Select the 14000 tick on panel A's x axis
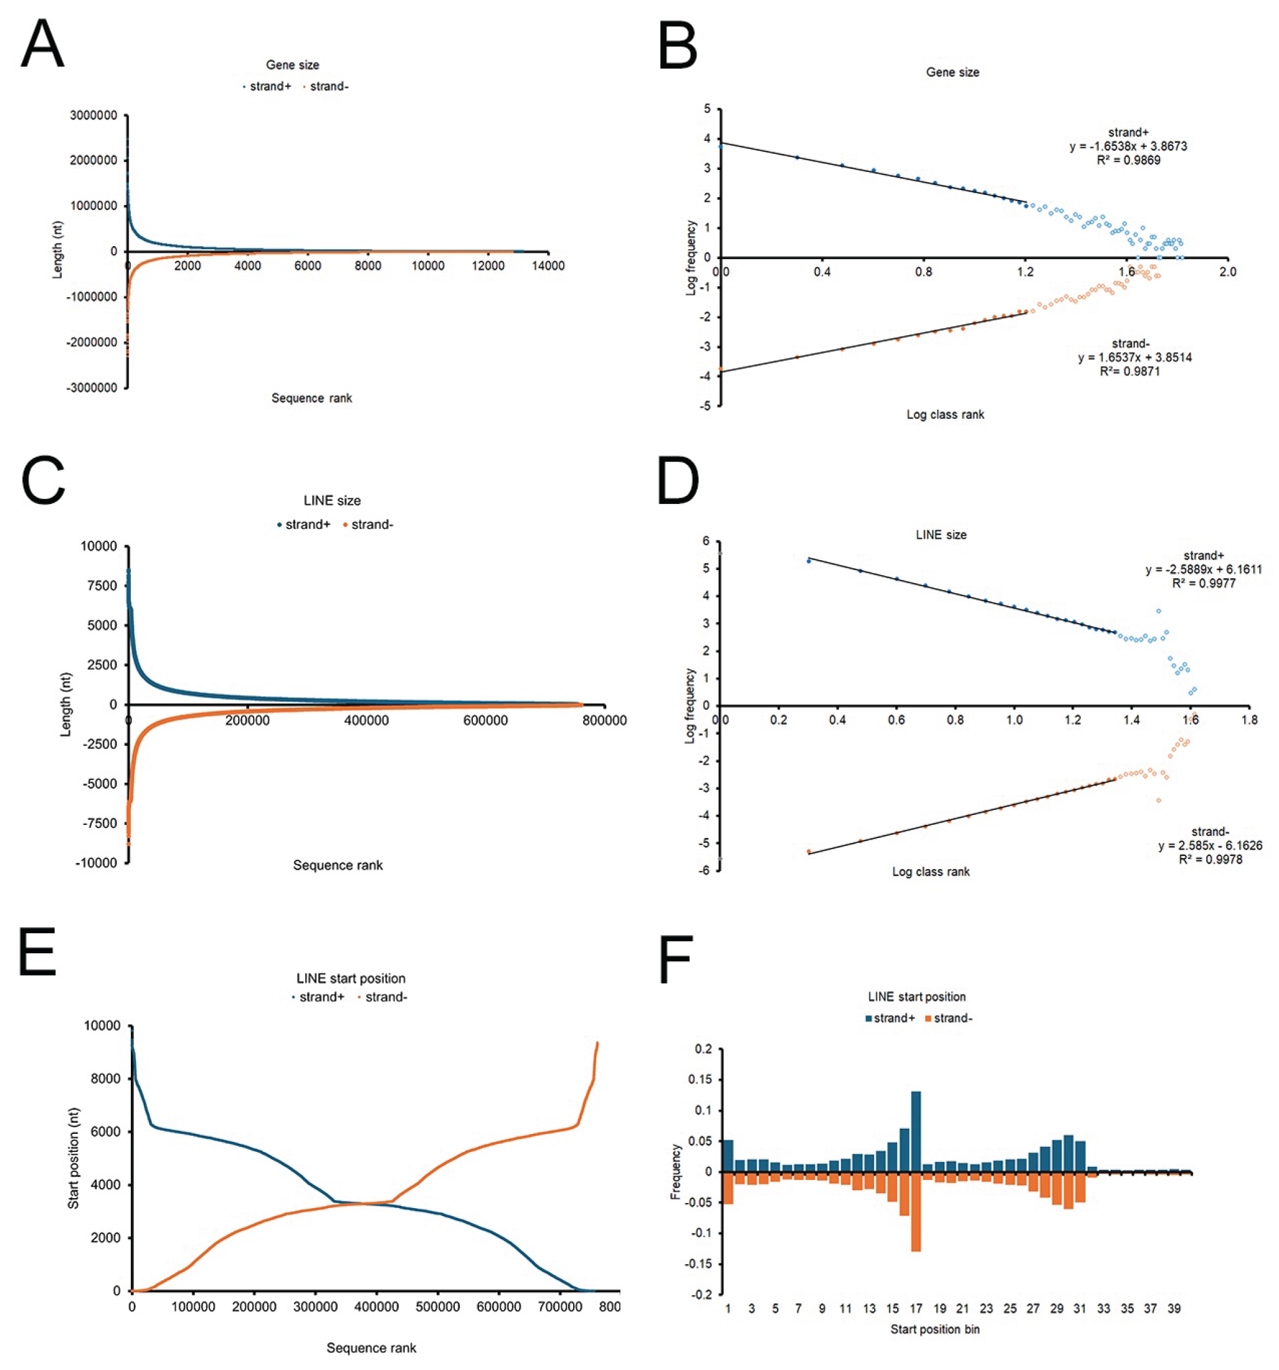pos(548,266)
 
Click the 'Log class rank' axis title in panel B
pos(945,414)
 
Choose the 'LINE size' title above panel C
pos(332,500)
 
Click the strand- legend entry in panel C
pos(368,525)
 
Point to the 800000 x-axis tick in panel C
pos(604,720)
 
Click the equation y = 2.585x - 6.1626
pos(1210,845)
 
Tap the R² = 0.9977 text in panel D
pos(1204,583)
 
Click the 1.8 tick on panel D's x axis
pos(1248,720)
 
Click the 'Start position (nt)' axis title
pos(73,1158)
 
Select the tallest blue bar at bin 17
pos(916,1131)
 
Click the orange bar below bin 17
pos(916,1212)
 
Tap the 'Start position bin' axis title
pos(934,1330)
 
